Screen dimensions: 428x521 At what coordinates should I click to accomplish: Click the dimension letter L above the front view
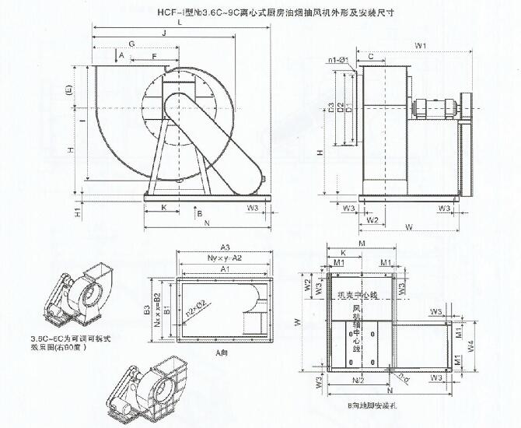pos(180,23)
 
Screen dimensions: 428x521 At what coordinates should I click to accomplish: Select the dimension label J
pos(164,33)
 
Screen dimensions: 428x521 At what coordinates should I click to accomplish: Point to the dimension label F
pos(154,57)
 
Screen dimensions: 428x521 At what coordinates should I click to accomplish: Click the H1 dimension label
pos(77,211)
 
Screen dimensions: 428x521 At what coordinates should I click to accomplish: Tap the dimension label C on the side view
pos(372,57)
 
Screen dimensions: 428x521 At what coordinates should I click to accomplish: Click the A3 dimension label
pos(224,245)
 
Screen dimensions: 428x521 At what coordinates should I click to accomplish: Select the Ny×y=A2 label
pos(224,256)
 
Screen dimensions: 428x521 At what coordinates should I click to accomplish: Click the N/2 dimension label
pos(358,381)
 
